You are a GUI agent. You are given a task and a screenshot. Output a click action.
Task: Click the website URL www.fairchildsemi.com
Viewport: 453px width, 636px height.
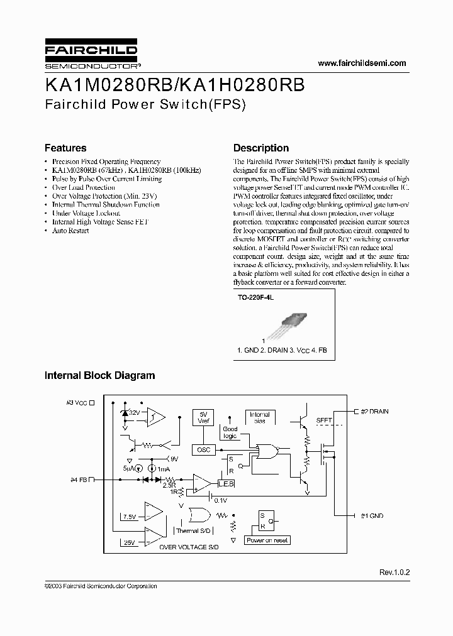coord(362,63)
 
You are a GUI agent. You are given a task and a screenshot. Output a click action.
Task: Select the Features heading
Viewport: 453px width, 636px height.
coord(65,148)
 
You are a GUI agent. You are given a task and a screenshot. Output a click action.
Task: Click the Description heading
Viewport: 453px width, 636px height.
coord(261,148)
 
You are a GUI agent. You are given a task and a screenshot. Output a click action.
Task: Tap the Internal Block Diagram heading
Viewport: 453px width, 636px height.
coord(99,375)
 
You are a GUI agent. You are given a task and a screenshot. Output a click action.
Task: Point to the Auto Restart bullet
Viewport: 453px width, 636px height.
coord(70,231)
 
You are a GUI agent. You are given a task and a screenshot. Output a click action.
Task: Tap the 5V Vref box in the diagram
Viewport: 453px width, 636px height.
coord(203,417)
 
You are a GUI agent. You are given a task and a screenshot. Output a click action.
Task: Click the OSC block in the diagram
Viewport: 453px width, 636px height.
coord(203,450)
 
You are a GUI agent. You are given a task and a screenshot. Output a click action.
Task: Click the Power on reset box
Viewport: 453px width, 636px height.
coord(267,540)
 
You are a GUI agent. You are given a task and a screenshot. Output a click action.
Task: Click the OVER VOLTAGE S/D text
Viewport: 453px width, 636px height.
coord(189,547)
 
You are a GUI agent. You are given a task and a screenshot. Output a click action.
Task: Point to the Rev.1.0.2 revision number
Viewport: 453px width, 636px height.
coord(394,573)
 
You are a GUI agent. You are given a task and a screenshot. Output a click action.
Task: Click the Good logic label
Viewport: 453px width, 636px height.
coord(230,432)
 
